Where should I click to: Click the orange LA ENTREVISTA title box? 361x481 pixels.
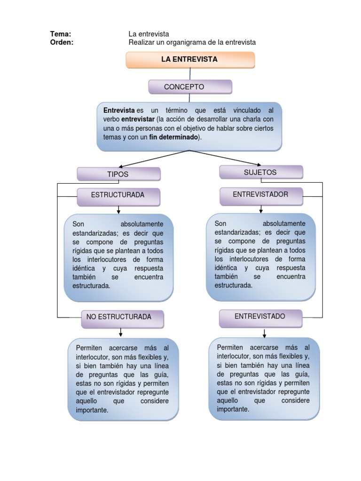coord(190,60)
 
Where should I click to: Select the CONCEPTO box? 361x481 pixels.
coord(190,87)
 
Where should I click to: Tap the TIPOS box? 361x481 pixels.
coord(118,174)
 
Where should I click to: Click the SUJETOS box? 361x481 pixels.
coord(261,172)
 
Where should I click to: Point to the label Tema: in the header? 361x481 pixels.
coord(61,34)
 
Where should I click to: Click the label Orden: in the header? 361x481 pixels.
coord(62,42)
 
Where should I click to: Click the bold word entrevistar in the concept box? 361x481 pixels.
coord(138,119)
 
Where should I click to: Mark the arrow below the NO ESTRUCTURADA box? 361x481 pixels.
coord(121,333)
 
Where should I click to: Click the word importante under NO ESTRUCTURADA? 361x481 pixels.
coord(92,410)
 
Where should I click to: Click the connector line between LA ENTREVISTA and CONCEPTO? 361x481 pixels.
coord(190,74)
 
